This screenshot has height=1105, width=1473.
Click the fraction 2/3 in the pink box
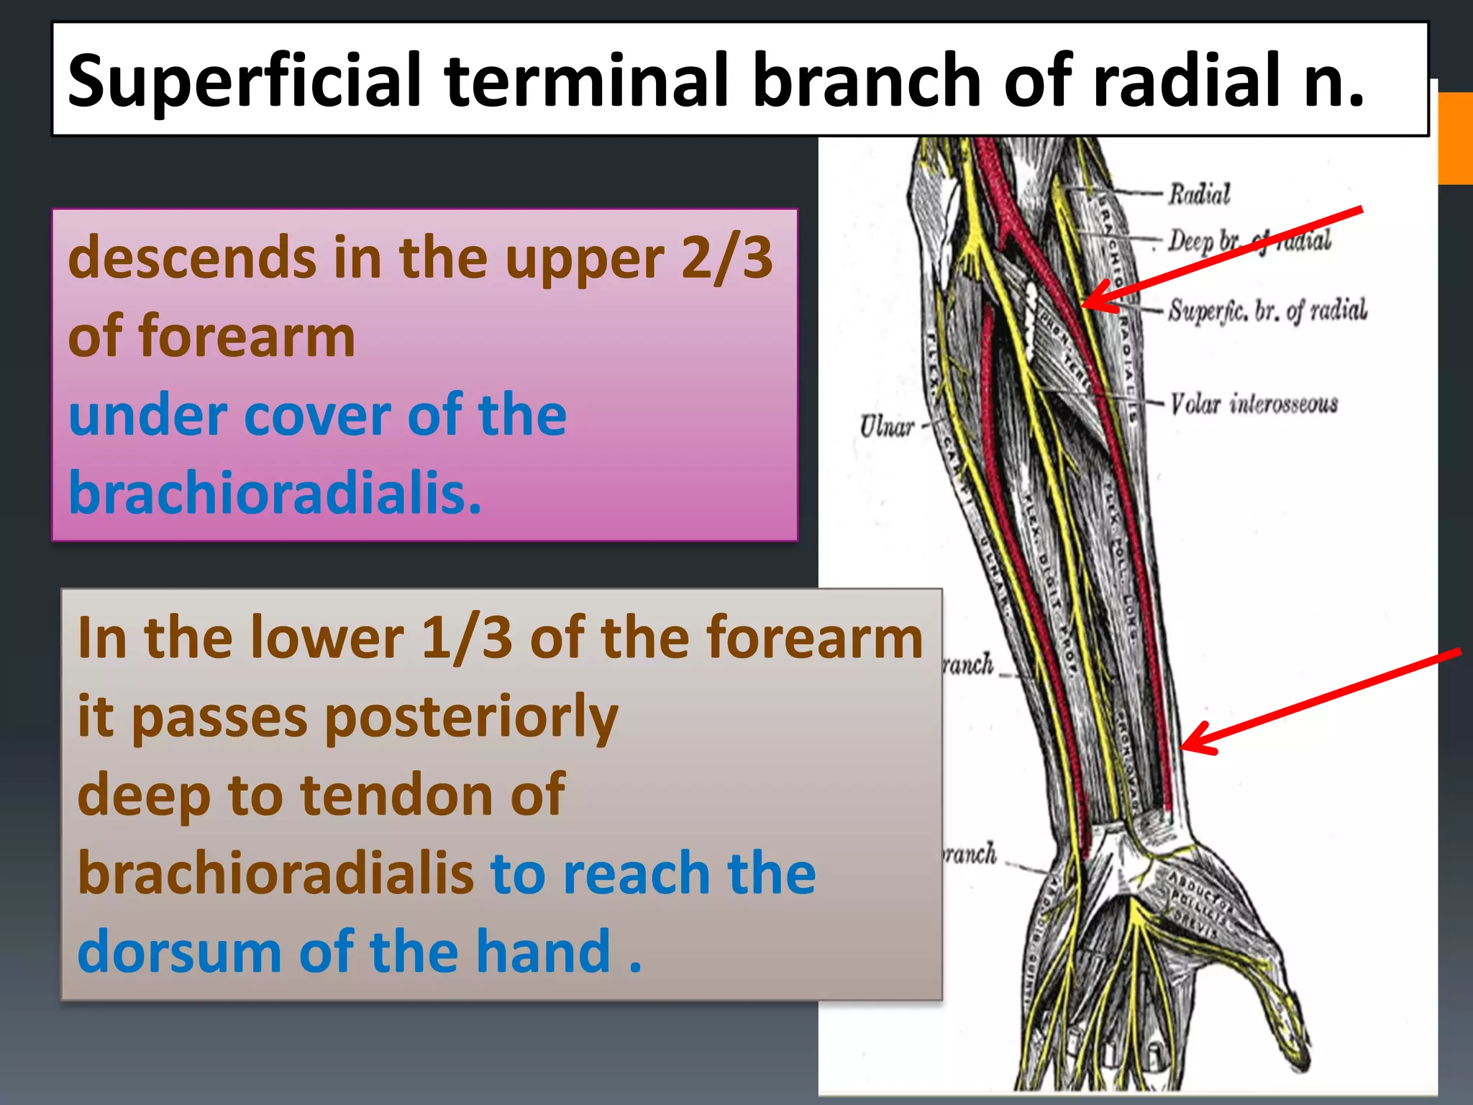click(x=726, y=258)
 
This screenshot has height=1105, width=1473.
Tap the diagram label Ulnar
click(x=886, y=427)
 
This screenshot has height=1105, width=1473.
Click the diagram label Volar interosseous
click(x=1254, y=404)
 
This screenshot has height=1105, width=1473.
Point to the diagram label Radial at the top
click(x=1199, y=194)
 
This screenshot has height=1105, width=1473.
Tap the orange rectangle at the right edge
click(x=1455, y=138)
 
